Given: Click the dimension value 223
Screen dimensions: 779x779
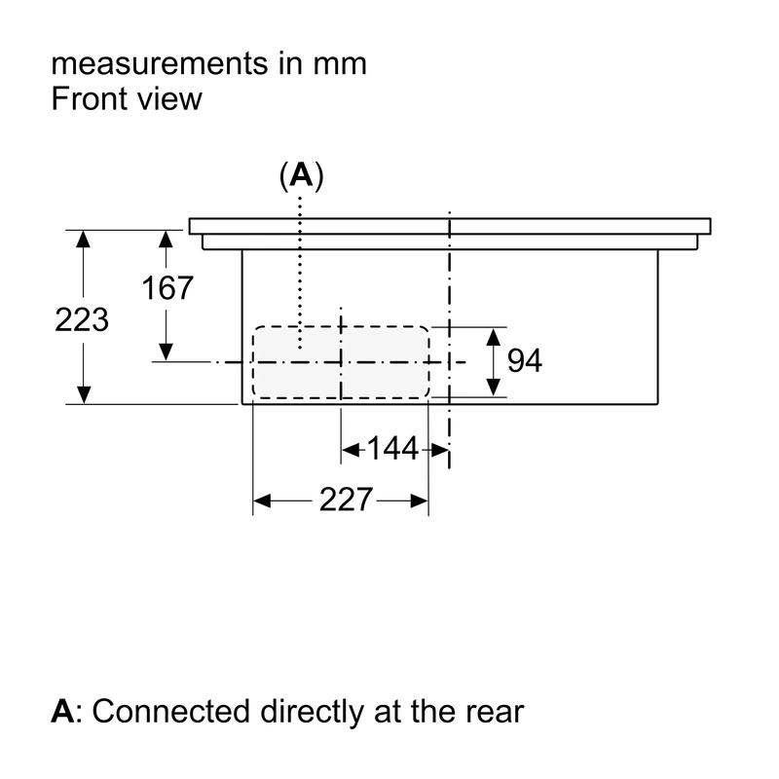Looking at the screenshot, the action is click(82, 319).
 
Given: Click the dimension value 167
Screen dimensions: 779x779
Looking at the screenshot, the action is click(167, 287).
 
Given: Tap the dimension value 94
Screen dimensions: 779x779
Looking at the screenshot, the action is click(525, 360).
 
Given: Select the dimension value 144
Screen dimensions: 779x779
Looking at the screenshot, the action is click(392, 449).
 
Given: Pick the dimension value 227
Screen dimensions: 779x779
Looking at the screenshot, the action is click(346, 500).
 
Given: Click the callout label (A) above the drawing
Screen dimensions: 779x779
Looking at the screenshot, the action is click(301, 175).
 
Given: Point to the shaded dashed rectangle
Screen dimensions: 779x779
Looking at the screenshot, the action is click(341, 362).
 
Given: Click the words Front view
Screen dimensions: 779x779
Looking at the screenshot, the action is click(127, 98).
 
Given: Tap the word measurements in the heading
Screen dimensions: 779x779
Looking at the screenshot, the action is click(160, 64).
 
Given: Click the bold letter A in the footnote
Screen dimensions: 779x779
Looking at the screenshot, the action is click(62, 711).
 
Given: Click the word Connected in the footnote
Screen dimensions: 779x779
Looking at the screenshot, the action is click(171, 711).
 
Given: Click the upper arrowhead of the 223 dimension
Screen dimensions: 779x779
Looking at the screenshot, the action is click(84, 240).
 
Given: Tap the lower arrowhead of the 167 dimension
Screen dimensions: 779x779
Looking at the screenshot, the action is click(166, 352).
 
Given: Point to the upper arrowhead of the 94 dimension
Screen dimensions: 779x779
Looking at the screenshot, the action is click(494, 337).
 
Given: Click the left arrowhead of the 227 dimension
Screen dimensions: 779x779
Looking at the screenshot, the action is click(262, 501).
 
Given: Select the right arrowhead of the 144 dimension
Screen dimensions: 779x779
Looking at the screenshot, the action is click(439, 451).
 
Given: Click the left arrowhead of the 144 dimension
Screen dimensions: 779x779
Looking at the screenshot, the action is click(352, 451).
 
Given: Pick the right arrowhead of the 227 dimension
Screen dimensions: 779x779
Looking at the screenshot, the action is click(420, 501).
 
